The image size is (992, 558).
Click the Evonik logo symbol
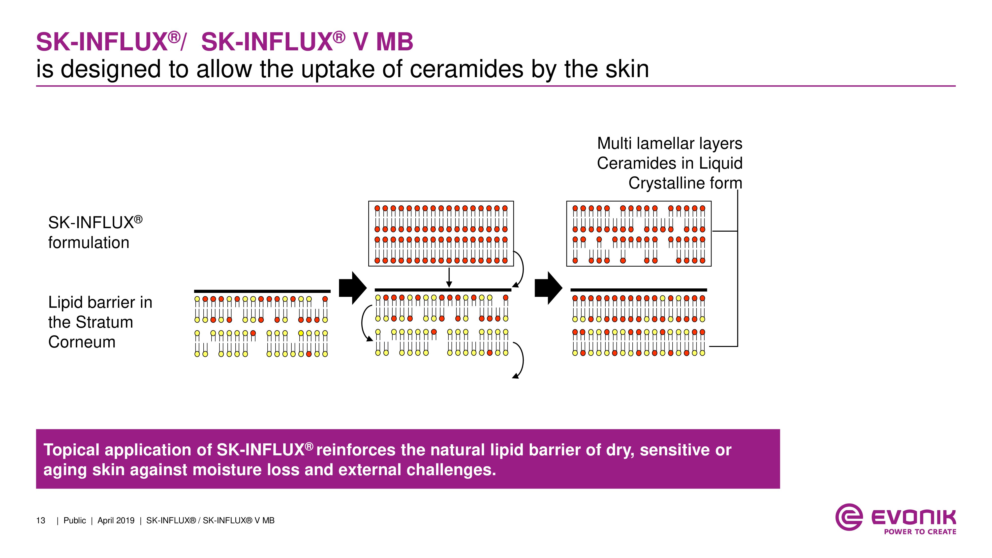[849, 517]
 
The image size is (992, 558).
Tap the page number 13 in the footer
[40, 521]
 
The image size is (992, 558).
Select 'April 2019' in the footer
[116, 521]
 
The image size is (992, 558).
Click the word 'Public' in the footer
[75, 521]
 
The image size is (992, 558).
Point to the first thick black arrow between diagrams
[352, 288]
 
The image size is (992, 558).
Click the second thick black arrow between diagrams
[548, 288]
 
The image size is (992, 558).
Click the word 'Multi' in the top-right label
[615, 144]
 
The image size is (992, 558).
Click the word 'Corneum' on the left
[82, 342]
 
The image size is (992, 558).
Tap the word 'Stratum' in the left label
[104, 322]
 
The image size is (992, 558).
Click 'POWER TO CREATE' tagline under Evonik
[920, 532]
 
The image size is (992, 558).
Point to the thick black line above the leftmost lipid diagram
[262, 291]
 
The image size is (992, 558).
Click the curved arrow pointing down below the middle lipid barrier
[520, 360]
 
